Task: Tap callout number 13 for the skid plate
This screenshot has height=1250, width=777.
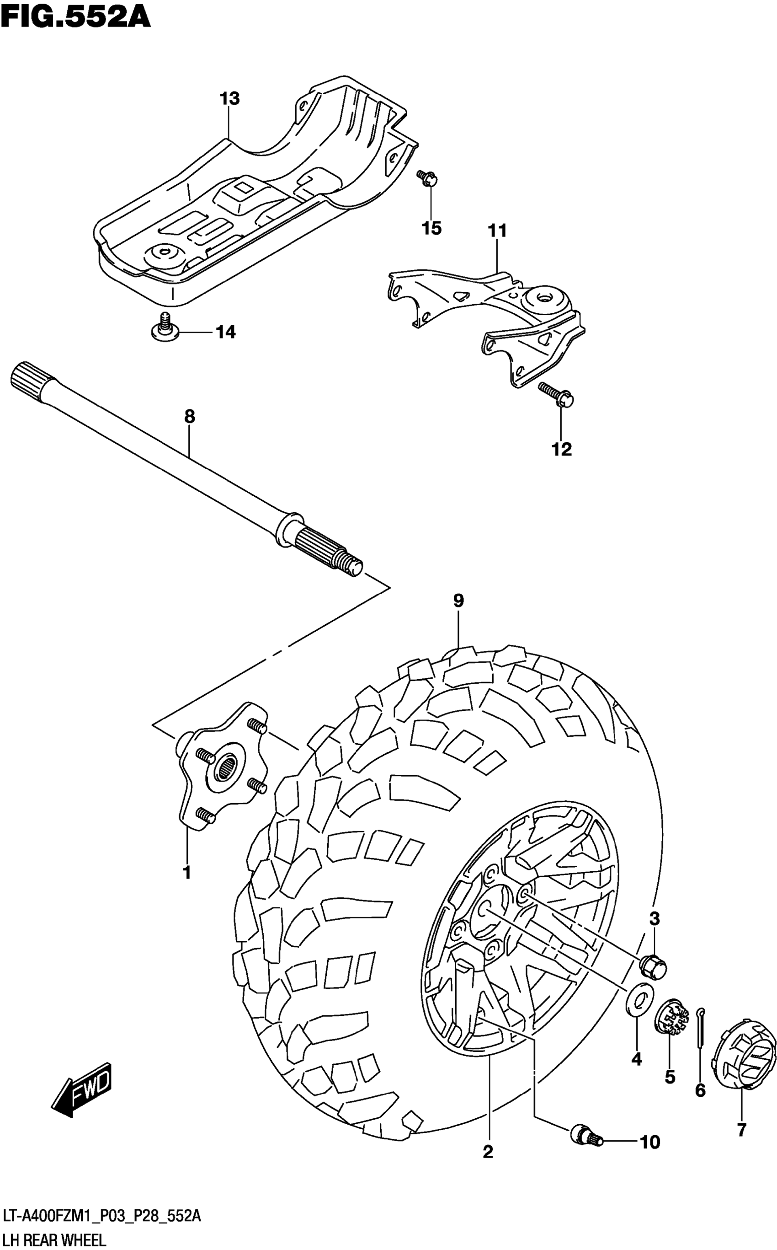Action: [x=230, y=98]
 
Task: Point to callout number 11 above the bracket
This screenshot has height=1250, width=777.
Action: [x=497, y=231]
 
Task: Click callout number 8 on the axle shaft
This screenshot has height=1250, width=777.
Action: [x=190, y=417]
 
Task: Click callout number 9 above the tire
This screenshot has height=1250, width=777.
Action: [x=458, y=600]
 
